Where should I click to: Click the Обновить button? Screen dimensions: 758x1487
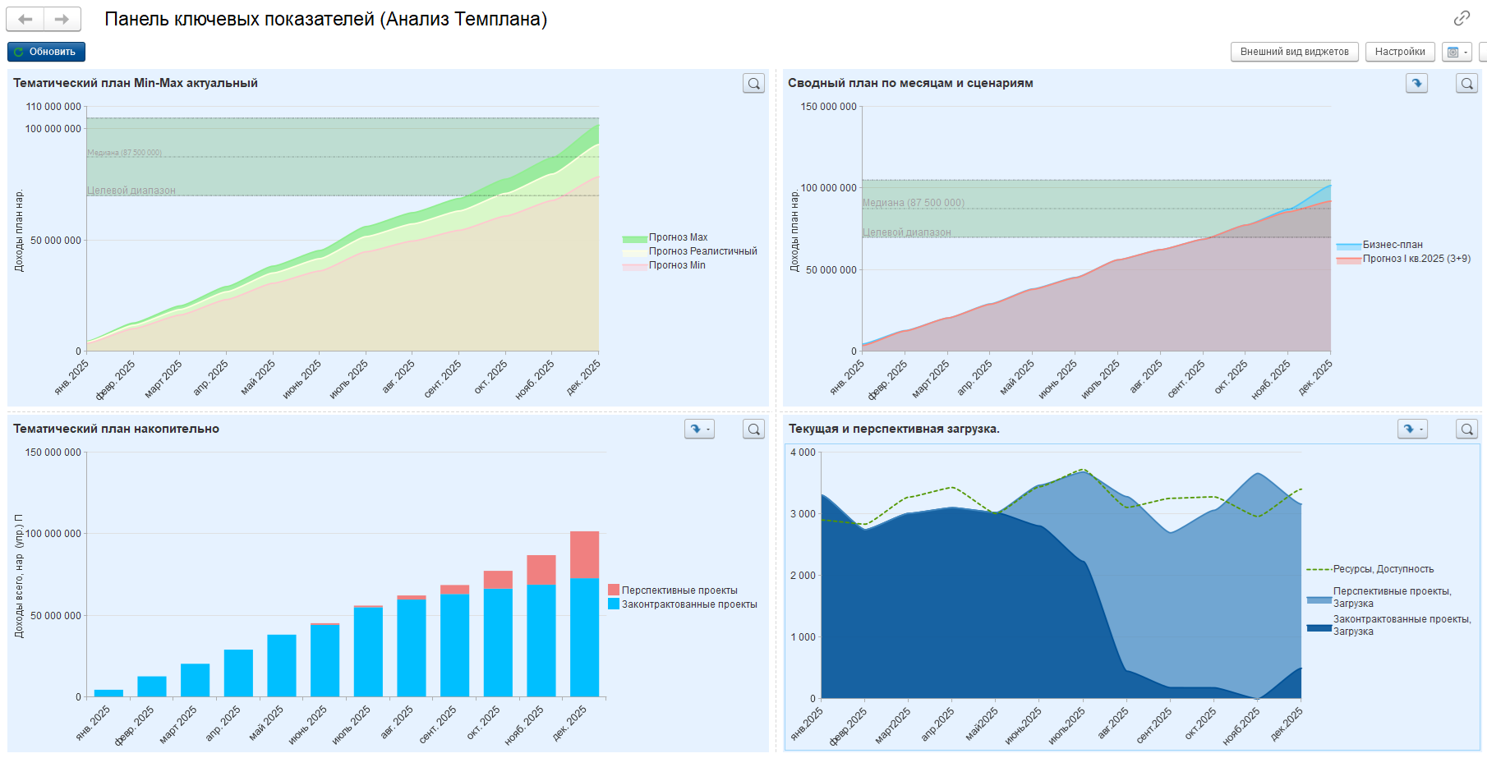(x=46, y=52)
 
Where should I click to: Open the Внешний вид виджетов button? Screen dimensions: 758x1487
(x=1294, y=52)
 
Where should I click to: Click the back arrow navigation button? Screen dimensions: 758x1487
(x=25, y=19)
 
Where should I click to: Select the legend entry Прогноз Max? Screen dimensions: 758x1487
(x=677, y=237)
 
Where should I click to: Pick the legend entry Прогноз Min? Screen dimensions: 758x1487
(x=676, y=265)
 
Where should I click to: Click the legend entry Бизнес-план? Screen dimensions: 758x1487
(x=1392, y=245)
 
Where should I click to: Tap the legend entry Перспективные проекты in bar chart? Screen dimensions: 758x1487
(x=679, y=590)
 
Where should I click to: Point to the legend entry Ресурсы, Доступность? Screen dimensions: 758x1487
(x=1383, y=569)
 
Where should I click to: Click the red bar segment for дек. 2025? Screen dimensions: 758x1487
(x=584, y=554)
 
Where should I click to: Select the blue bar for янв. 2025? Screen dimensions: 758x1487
(x=108, y=693)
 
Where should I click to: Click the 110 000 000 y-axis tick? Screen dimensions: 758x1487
(x=53, y=107)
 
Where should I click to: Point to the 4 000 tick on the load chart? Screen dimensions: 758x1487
(x=803, y=453)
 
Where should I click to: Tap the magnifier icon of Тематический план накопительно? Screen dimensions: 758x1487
(x=753, y=429)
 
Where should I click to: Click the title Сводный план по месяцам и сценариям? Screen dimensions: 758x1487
(x=910, y=83)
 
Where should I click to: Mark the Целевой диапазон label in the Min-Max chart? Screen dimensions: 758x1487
(x=131, y=191)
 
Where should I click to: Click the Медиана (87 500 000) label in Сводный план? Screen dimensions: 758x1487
(x=913, y=203)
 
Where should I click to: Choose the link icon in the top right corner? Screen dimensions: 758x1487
(x=1462, y=18)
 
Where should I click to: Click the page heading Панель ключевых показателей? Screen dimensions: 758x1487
(x=325, y=19)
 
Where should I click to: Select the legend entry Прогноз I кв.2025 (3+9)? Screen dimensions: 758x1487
(x=1416, y=259)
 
